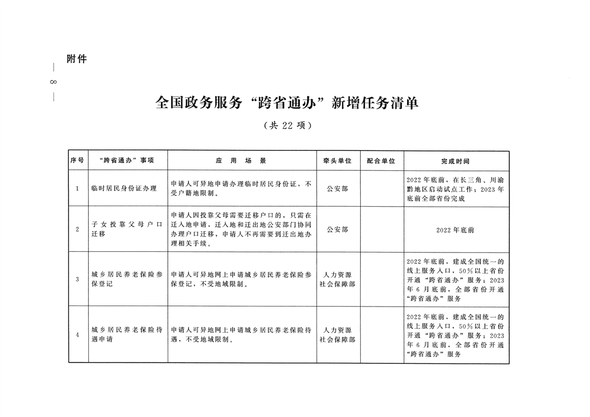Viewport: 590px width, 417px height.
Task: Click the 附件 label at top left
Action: click(77, 59)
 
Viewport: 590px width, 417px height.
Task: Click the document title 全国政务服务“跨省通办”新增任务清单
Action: click(287, 103)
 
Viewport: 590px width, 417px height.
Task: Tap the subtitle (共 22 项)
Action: click(287, 126)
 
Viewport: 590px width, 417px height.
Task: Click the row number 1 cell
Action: click(77, 188)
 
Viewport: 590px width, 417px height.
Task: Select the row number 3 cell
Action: click(77, 279)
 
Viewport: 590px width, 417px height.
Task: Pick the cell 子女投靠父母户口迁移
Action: click(127, 229)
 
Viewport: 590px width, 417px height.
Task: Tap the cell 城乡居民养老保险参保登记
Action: click(127, 279)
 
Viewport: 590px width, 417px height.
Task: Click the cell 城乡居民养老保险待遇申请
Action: click(127, 334)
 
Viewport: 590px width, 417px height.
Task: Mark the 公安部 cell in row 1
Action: click(337, 188)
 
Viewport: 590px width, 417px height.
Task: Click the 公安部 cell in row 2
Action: click(337, 229)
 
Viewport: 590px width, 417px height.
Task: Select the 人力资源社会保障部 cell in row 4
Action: click(337, 335)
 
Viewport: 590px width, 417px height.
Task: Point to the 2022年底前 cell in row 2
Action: click(455, 230)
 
